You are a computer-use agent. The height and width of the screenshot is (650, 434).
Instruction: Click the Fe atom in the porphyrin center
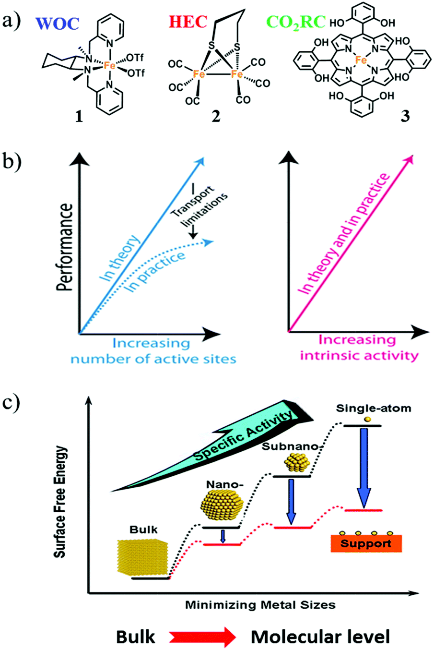click(361, 61)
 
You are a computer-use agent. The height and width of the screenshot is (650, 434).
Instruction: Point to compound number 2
click(216, 116)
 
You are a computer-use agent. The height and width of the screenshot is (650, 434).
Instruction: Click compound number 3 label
click(405, 116)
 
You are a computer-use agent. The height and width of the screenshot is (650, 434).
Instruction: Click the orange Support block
click(366, 543)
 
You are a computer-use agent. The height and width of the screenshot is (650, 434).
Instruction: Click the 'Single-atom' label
click(367, 409)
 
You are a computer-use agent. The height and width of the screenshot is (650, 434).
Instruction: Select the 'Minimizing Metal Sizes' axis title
click(260, 604)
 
